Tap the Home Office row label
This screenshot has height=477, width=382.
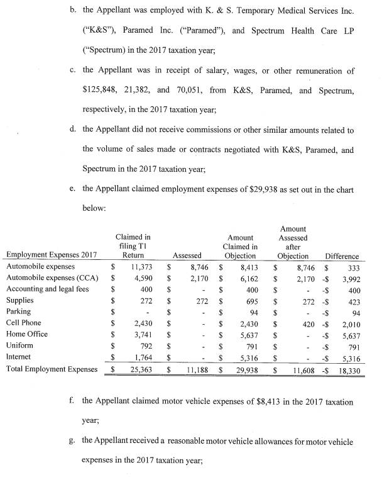coord(27,334)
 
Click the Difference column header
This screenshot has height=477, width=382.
coord(342,256)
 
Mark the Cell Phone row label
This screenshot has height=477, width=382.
coord(25,323)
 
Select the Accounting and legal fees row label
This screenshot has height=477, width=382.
coord(47,289)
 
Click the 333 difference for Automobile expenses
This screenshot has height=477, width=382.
coord(351,267)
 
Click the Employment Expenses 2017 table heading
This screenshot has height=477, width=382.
coord(52,255)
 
